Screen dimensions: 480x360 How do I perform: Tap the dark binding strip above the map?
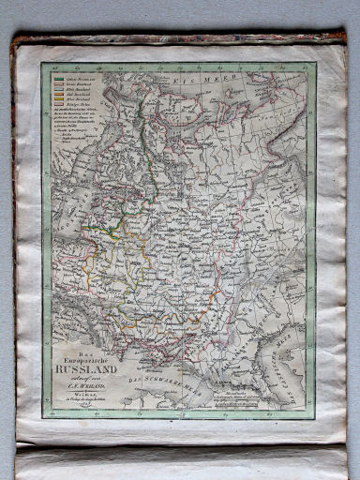click(178, 39)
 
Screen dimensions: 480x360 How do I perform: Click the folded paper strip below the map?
click(178, 461)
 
